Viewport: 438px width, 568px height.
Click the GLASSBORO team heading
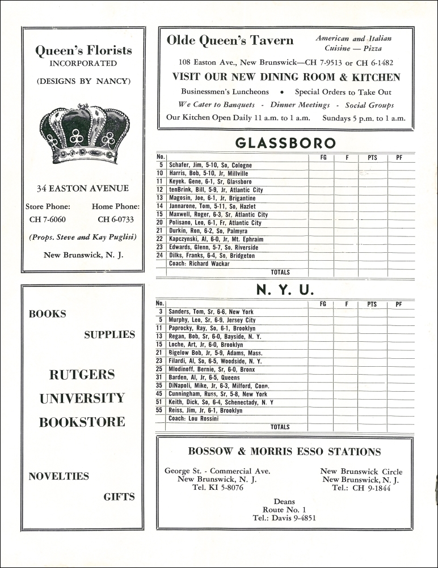(x=285, y=142)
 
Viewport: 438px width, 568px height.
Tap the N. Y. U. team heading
(x=285, y=290)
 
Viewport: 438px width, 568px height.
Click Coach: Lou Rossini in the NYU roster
(x=193, y=419)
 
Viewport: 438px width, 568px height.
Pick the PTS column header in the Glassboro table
(x=372, y=158)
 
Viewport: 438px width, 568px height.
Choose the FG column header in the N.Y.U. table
(x=323, y=304)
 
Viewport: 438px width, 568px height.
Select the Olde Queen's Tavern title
(x=230, y=40)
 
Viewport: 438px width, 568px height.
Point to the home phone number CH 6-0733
(x=116, y=219)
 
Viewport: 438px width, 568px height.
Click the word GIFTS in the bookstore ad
(x=119, y=497)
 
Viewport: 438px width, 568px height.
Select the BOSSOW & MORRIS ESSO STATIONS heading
(x=284, y=452)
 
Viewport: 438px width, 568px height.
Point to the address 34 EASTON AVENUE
(x=83, y=189)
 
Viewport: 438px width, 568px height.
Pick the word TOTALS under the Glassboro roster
(x=280, y=273)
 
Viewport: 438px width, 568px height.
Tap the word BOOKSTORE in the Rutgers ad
(x=82, y=422)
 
